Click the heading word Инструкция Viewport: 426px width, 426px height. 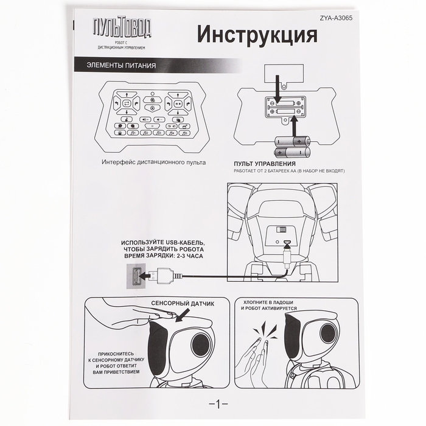257,35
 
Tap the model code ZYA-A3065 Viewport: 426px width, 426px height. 336,18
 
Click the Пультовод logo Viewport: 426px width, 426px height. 121,28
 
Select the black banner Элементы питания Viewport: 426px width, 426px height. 122,65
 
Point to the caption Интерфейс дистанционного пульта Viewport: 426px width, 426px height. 154,162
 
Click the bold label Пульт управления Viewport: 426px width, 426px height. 265,164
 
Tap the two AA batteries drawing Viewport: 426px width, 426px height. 292,146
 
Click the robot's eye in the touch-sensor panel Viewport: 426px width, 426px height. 200,345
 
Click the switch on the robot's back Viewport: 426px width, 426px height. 281,230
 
